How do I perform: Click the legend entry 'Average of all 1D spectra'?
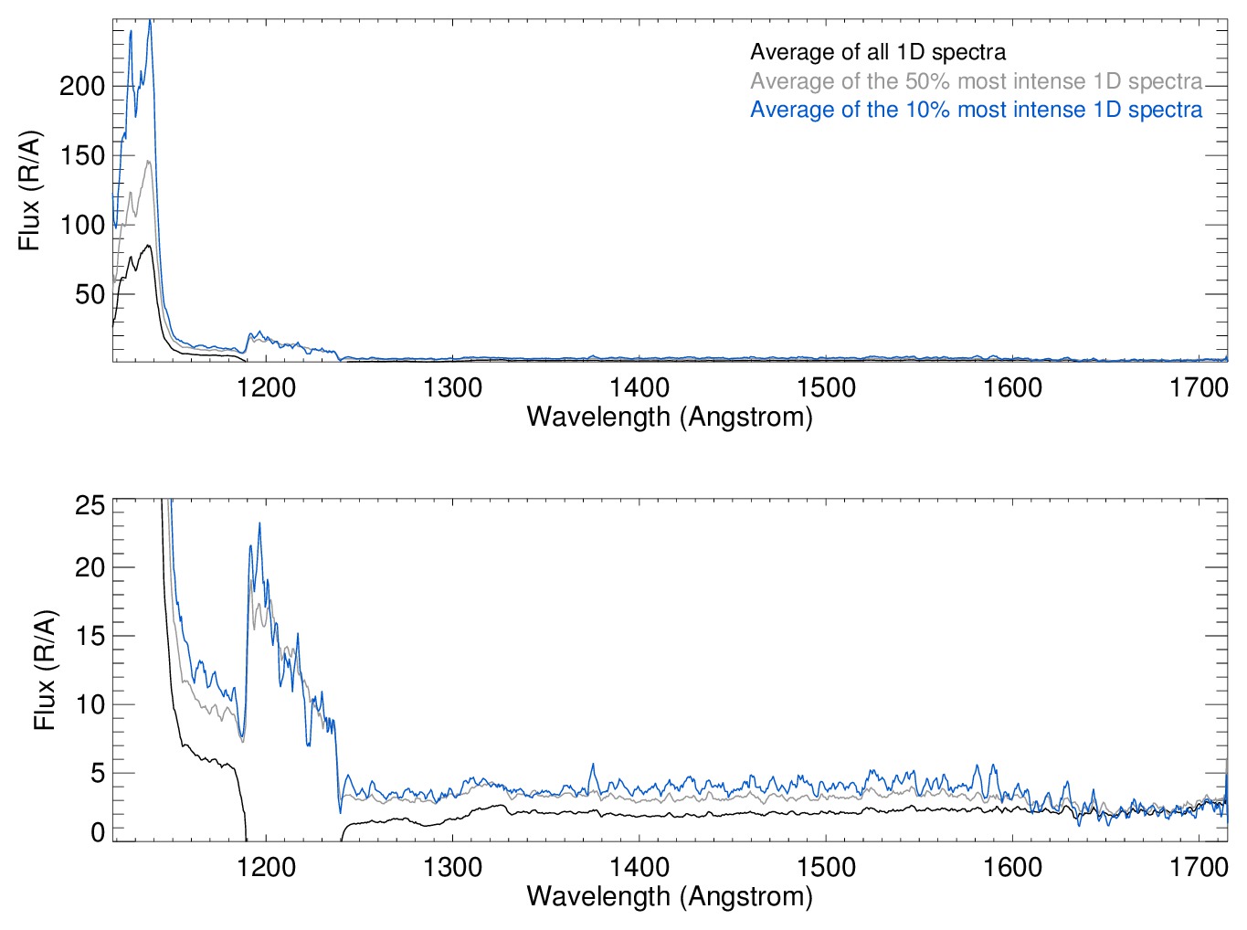click(878, 52)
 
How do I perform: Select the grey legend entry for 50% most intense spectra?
click(976, 81)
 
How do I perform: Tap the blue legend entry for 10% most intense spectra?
click(976, 111)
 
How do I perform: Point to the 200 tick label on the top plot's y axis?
click(82, 87)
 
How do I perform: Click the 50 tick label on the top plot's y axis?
click(90, 294)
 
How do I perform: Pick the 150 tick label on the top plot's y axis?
click(82, 156)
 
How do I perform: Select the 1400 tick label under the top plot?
click(639, 388)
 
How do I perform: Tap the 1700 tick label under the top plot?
click(1199, 388)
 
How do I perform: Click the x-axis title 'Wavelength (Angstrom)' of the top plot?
click(670, 417)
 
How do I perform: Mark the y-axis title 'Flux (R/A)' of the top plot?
click(30, 191)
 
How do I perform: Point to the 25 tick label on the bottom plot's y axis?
click(90, 506)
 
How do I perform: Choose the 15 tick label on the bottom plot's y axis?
click(90, 636)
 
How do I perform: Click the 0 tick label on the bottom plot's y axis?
click(98, 832)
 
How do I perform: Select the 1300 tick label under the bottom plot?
click(453, 867)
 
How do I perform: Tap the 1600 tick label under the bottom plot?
click(1012, 867)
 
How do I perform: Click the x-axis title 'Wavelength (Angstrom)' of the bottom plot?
click(670, 896)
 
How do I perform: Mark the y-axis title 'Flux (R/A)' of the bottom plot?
click(45, 671)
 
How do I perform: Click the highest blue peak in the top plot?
click(150, 22)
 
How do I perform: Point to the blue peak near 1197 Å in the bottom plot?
click(259, 523)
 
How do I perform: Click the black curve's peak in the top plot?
click(148, 245)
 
